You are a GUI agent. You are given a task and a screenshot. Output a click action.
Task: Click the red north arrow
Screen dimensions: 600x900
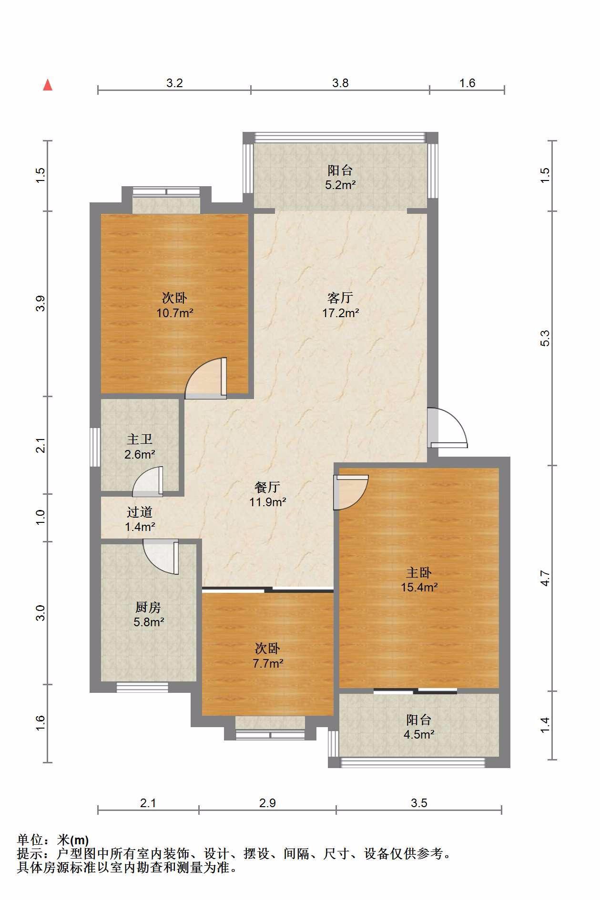coord(48,85)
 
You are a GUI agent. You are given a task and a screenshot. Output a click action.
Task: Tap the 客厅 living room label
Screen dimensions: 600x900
coord(340,298)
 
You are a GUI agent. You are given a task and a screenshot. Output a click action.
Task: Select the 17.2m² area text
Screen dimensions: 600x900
coord(340,313)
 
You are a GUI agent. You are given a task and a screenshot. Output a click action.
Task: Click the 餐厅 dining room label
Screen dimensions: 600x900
coord(267,487)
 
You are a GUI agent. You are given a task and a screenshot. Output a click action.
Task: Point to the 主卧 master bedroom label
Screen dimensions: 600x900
coord(419,572)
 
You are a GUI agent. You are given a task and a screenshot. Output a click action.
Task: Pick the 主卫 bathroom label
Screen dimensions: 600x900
coord(140,439)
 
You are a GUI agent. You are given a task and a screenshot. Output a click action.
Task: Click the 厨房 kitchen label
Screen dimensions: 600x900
coord(148,607)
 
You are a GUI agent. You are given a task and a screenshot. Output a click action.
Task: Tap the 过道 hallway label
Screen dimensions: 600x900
coord(140,512)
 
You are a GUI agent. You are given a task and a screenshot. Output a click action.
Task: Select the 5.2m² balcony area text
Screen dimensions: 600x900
coord(340,185)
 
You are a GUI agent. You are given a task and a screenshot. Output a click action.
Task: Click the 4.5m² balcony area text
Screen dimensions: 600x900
coord(419,734)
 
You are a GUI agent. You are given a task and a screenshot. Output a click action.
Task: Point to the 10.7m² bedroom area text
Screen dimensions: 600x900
coord(174,313)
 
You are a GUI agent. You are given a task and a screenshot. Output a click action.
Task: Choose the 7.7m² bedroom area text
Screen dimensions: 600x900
coord(268,663)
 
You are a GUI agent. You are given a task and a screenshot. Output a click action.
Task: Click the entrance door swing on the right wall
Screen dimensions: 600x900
coord(447,428)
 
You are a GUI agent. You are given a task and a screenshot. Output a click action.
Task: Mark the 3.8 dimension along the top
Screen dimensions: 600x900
coord(340,83)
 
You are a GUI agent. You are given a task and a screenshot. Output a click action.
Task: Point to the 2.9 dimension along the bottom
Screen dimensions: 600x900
coord(267,803)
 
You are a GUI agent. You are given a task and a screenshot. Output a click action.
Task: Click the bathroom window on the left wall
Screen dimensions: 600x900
coord(95,447)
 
